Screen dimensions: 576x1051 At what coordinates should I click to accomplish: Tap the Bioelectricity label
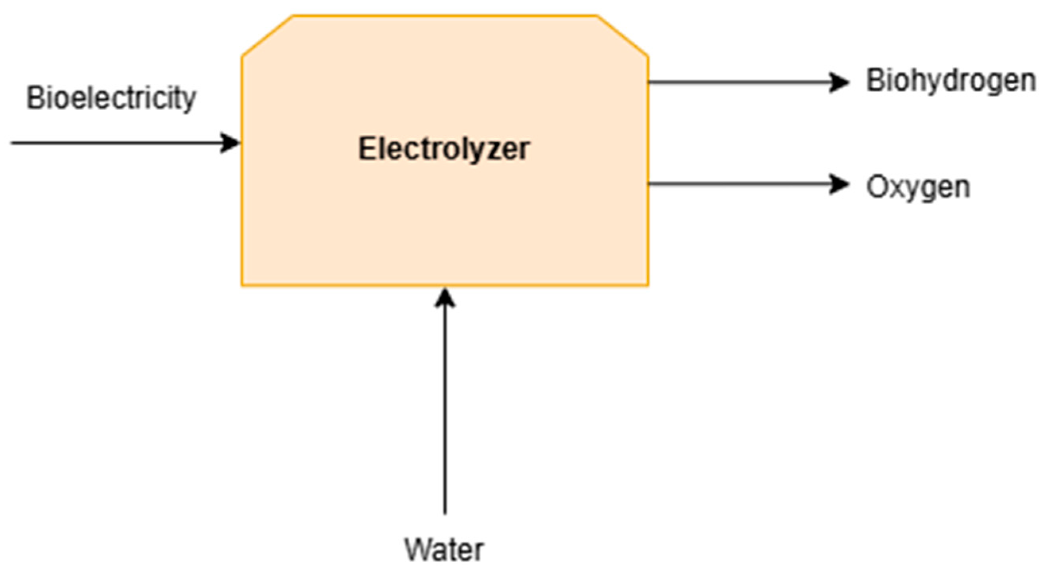point(111,98)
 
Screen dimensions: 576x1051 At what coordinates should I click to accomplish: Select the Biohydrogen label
point(951,81)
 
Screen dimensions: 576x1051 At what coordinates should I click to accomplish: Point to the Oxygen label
point(918,188)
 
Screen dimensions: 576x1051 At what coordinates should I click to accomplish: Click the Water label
point(444,550)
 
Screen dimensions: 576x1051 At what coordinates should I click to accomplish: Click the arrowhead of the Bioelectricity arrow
point(231,143)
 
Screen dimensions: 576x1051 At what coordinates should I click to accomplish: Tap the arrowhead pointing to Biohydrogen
point(840,82)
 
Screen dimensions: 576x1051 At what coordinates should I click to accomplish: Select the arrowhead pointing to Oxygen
point(840,184)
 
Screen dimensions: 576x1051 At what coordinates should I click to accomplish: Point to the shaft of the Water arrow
point(445,408)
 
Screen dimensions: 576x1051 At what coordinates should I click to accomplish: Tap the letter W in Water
point(417,550)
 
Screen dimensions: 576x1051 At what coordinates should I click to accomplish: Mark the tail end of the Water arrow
point(445,512)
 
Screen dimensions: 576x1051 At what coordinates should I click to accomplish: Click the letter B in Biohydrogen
point(875,80)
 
